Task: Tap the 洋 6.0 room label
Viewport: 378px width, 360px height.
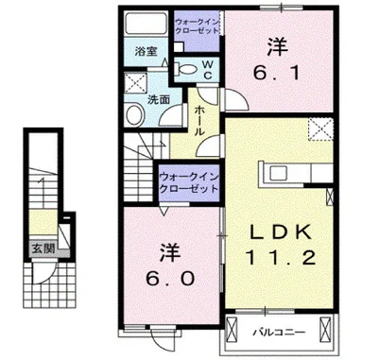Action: coord(170,266)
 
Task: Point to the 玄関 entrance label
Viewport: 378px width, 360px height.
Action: coord(42,249)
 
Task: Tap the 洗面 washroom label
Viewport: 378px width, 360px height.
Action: coord(158,98)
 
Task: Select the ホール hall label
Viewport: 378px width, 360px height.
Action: coord(201,123)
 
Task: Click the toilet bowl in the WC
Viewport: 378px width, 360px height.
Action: coord(185,68)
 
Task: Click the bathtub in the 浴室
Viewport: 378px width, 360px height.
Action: coord(146,26)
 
